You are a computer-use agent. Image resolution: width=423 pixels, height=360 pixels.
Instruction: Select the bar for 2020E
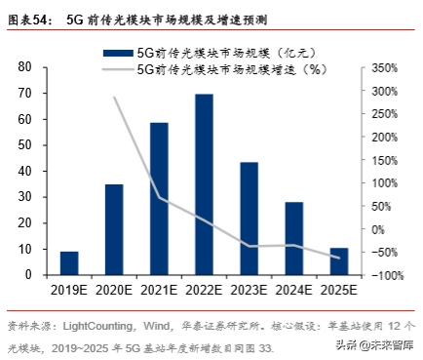114,230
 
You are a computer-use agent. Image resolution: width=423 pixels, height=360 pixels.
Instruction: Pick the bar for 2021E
159,199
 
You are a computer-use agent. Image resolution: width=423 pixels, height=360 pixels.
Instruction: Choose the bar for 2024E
294,239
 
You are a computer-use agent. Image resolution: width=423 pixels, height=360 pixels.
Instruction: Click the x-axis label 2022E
205,289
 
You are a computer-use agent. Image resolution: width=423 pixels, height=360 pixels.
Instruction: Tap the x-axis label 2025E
339,289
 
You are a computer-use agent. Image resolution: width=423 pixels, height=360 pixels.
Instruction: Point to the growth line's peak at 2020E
114,97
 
